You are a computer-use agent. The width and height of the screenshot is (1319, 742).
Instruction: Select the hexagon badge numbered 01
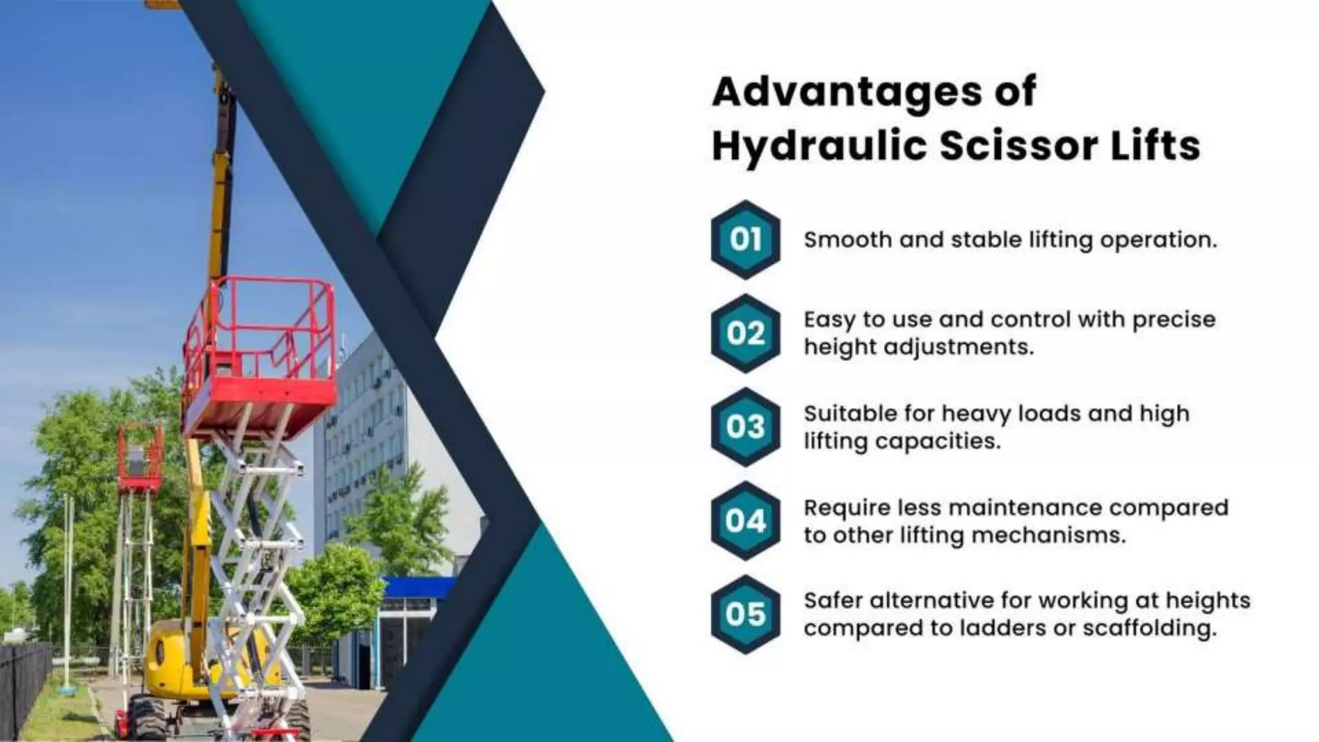pyautogui.click(x=745, y=240)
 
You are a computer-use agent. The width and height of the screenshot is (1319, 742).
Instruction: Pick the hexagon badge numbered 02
pyautogui.click(x=745, y=333)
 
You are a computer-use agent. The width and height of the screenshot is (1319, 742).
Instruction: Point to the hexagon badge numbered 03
pyautogui.click(x=745, y=426)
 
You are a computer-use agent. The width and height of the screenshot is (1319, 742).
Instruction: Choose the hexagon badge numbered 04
pyautogui.click(x=745, y=520)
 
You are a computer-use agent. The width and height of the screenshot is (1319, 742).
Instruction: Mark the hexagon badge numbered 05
pyautogui.click(x=745, y=614)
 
